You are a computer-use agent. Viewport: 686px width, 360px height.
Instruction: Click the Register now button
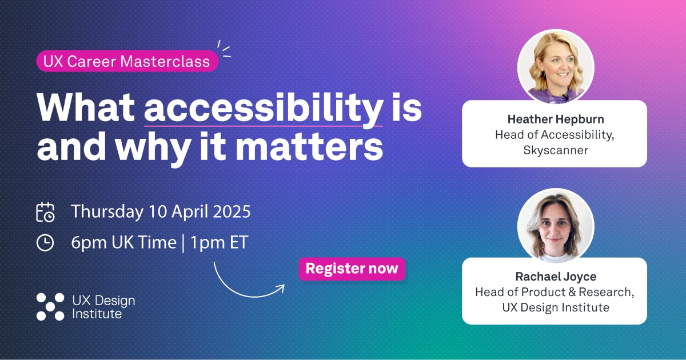click(x=352, y=269)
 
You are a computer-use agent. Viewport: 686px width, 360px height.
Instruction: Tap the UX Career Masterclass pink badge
click(x=127, y=61)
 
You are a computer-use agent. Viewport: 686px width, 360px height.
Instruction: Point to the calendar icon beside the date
click(x=45, y=212)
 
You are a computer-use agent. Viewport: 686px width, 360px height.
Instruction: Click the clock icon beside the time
click(x=45, y=243)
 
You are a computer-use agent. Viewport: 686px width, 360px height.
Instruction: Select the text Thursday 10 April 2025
click(x=161, y=211)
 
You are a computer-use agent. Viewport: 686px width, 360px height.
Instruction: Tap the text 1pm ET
click(x=220, y=242)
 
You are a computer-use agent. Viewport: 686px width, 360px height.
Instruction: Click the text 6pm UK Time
click(x=123, y=242)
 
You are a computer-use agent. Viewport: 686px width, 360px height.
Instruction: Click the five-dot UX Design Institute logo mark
click(x=50, y=306)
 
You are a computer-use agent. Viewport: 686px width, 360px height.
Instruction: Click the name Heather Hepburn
click(x=554, y=119)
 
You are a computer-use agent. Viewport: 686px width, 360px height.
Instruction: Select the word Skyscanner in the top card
click(x=554, y=150)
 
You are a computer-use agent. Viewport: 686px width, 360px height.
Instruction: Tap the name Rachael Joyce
click(x=555, y=277)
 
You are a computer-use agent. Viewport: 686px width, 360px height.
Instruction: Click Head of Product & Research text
click(x=555, y=292)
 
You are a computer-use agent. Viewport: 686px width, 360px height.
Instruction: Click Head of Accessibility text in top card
click(x=554, y=135)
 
